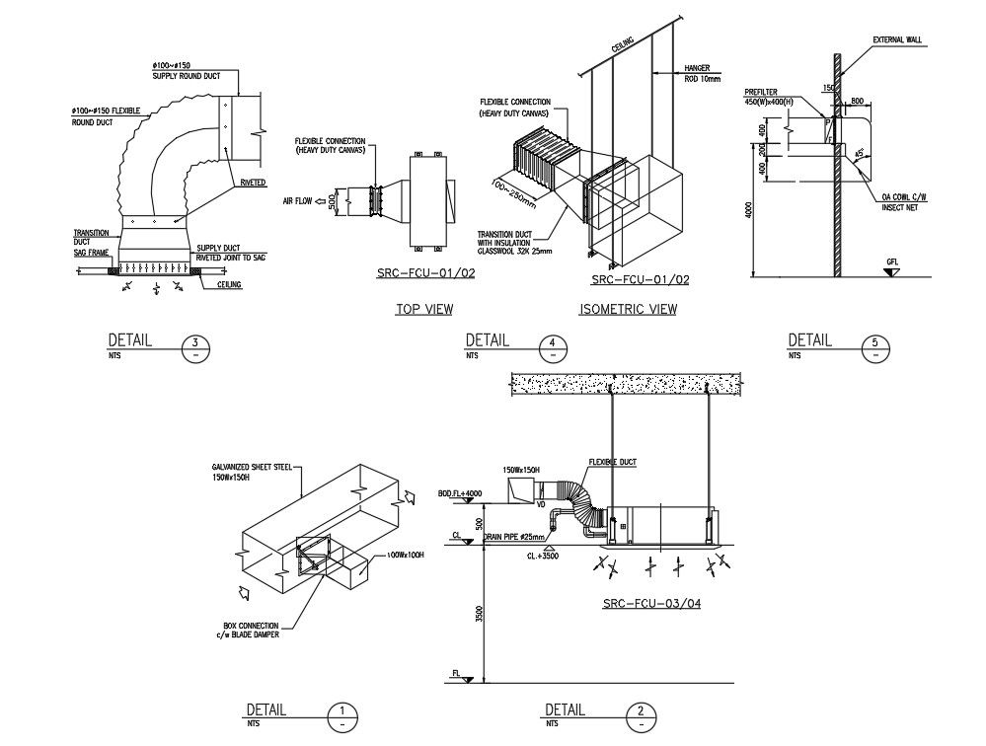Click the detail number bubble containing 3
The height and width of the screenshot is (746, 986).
195,347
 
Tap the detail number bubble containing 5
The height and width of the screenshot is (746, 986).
874,347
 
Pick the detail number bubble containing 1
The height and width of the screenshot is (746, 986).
341,716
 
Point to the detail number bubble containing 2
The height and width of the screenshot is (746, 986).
642,716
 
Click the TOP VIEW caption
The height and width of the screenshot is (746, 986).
424,310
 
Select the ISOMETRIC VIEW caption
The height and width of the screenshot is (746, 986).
628,310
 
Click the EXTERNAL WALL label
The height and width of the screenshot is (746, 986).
896,40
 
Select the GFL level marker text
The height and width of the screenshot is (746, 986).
892,262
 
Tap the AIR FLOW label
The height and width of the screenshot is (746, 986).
297,201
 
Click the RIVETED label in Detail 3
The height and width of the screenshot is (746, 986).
252,184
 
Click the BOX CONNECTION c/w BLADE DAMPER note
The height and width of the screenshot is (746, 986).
252,630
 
